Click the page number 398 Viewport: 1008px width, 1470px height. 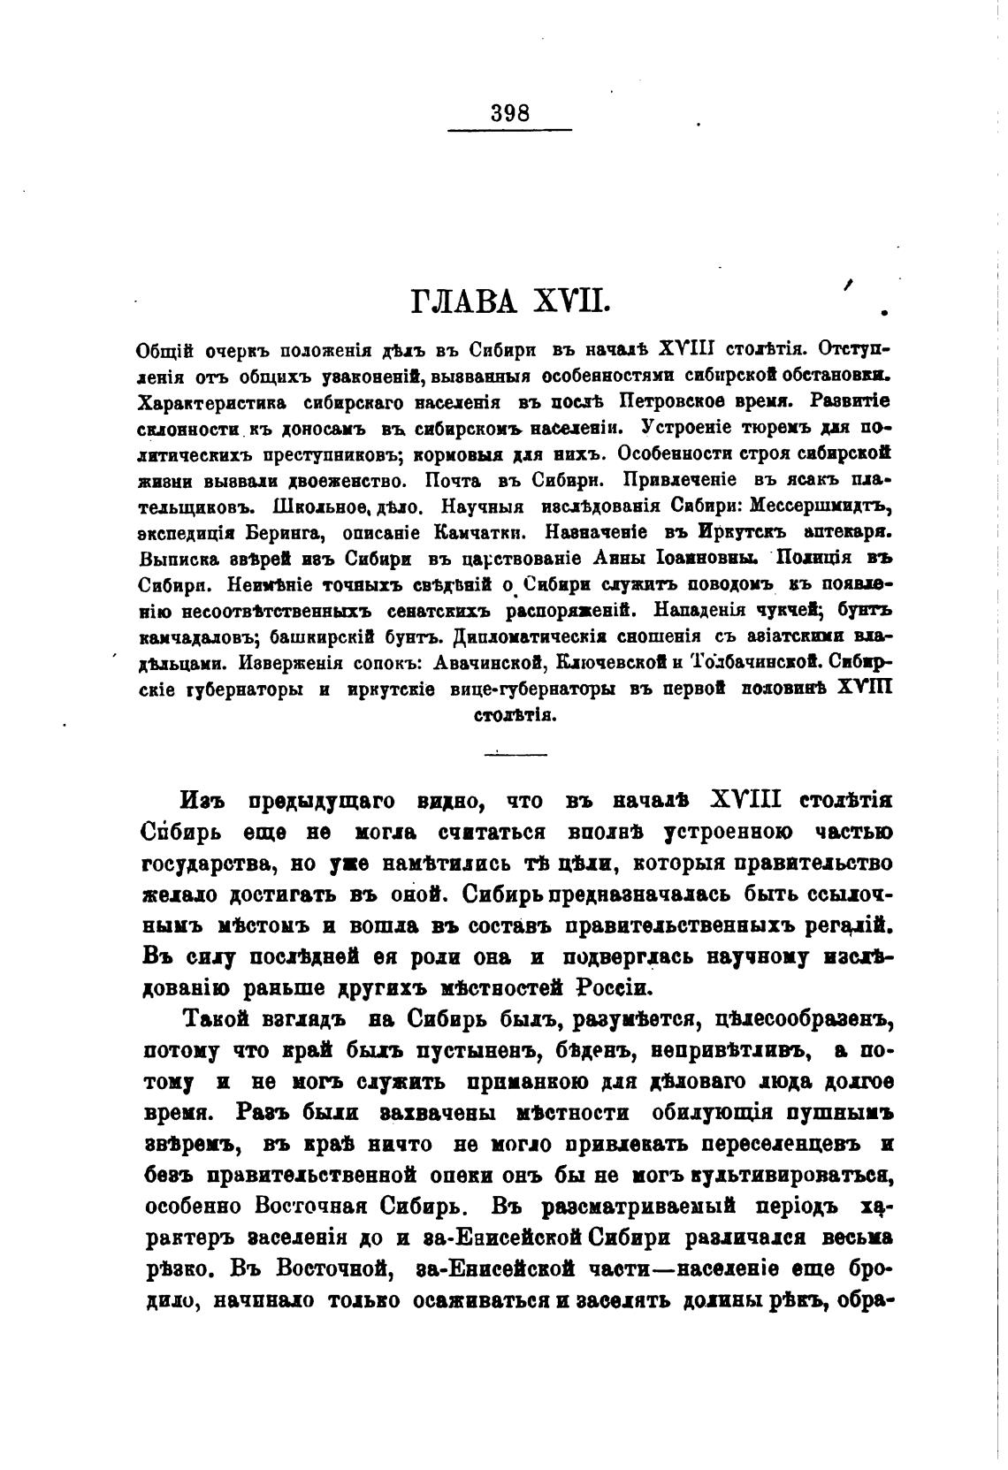coord(509,114)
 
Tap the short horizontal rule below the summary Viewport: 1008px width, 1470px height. coord(515,754)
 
